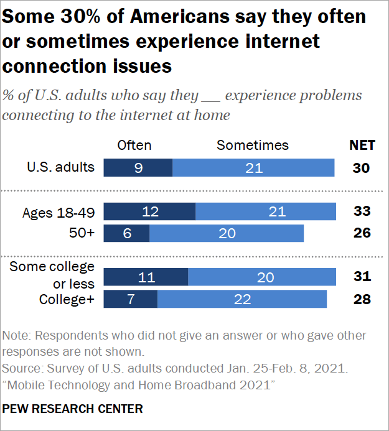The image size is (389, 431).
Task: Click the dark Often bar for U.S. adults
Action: coord(138,168)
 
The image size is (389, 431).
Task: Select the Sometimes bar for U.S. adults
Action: coord(254,168)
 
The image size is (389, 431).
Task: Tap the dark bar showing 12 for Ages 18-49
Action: coord(149,212)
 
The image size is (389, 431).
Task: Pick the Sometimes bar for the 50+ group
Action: coord(227,233)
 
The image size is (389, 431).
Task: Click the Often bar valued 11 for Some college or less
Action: coord(146,277)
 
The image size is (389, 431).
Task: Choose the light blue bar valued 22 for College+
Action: coord(242,299)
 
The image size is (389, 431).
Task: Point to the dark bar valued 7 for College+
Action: coord(131,299)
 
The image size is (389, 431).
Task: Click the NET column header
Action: coord(362,146)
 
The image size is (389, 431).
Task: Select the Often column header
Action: coord(134,146)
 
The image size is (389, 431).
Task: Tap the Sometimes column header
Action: coord(253,146)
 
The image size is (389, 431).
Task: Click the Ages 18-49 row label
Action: coord(59,213)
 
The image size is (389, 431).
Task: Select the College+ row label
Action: coord(67,299)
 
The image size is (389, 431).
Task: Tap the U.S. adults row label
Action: coord(61,167)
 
